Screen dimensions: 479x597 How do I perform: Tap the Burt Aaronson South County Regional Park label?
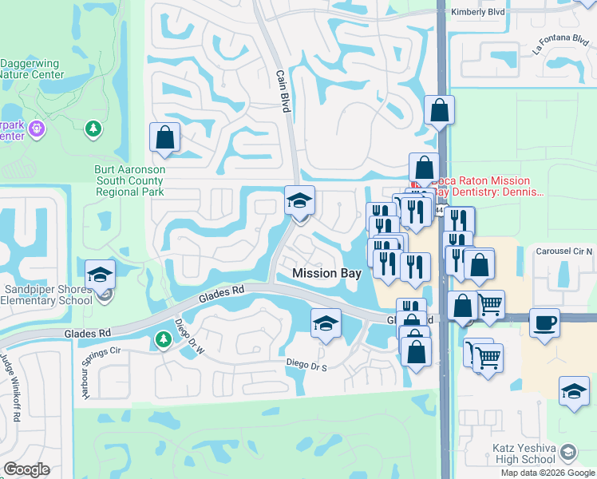click(x=127, y=181)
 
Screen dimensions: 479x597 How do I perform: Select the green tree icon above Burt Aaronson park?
click(x=94, y=128)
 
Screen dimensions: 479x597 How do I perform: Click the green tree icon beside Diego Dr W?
click(x=163, y=341)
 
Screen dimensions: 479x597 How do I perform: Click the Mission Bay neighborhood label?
click(x=326, y=273)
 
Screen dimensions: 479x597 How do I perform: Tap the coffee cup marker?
click(x=544, y=323)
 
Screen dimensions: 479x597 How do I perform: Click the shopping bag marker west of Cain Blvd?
click(x=164, y=137)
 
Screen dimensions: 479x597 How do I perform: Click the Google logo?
click(x=26, y=469)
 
